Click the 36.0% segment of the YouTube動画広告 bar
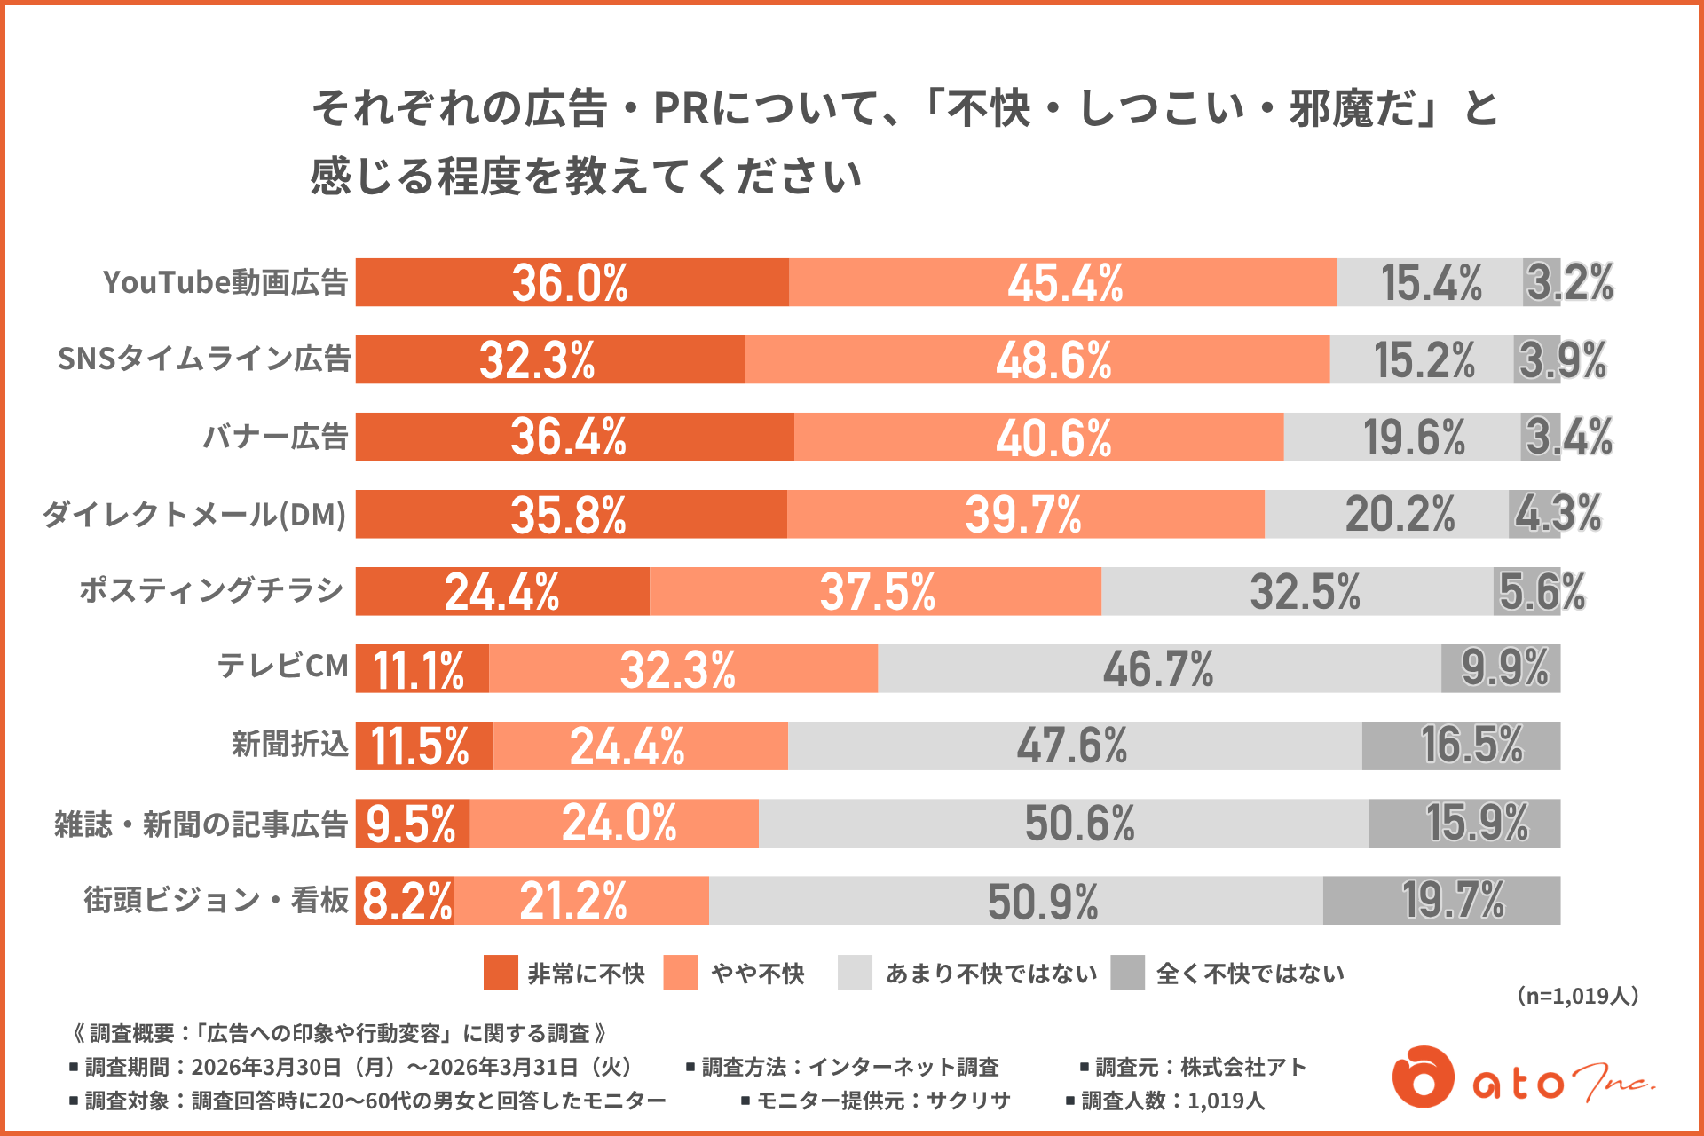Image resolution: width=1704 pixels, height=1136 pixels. point(572,282)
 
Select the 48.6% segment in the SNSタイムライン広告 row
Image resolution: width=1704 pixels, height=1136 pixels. point(1037,359)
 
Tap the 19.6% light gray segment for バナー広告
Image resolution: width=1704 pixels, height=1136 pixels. point(1402,437)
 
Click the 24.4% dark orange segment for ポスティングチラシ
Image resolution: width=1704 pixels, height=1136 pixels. point(502,591)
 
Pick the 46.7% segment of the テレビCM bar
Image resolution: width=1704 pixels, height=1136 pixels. point(1159,668)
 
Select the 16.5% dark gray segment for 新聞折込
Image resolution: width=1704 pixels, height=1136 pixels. point(1461,745)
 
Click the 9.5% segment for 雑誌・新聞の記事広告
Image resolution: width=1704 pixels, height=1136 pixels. point(413,823)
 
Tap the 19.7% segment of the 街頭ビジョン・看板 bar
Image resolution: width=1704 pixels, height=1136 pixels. point(1441,900)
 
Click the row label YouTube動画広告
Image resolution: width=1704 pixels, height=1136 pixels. point(225,282)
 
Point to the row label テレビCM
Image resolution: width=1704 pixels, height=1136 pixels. point(283,666)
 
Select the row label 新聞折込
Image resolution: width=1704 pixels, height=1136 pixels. point(290,744)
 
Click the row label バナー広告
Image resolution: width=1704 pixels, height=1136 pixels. point(275,437)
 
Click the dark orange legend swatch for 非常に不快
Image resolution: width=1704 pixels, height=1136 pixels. point(501,973)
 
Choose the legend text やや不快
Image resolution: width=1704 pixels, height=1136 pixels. point(758,974)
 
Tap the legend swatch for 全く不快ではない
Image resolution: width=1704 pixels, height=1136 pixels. point(1127,973)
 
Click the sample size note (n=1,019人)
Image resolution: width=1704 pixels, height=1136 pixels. point(1577,996)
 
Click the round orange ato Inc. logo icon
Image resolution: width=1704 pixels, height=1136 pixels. point(1423,1077)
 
